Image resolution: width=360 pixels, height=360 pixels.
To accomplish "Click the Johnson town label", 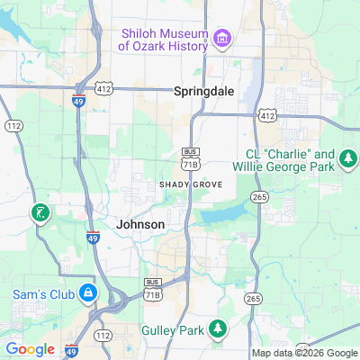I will pyautogui.click(x=140, y=223).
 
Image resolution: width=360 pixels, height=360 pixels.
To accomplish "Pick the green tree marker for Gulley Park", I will pyautogui.click(x=217, y=329).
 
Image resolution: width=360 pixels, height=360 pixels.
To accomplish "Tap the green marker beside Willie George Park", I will pyautogui.click(x=347, y=160).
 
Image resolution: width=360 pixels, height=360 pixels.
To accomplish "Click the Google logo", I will pyautogui.click(x=30, y=349).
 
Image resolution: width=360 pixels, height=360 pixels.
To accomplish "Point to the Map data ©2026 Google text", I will pyautogui.click(x=304, y=353).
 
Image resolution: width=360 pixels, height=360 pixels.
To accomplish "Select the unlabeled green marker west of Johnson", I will pyautogui.click(x=40, y=214).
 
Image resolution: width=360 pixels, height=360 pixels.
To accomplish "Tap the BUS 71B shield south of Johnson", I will pyautogui.click(x=153, y=288).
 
